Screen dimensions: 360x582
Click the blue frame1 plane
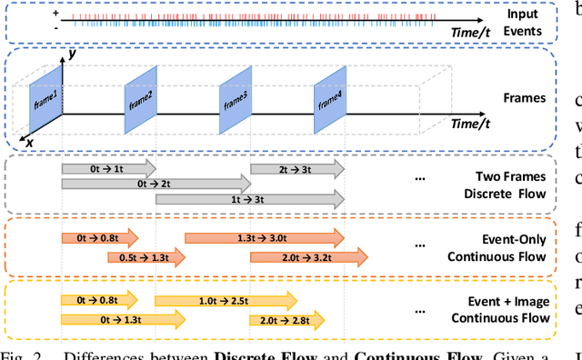45,90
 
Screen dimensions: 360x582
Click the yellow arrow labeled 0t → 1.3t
123,294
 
